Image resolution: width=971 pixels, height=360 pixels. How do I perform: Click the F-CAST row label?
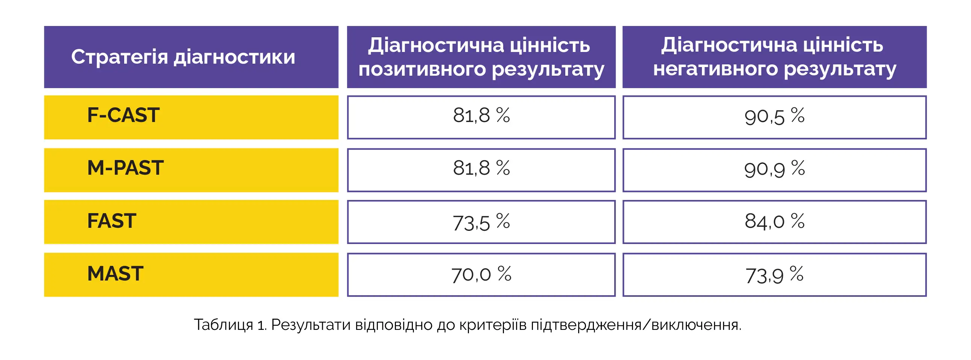pos(123,115)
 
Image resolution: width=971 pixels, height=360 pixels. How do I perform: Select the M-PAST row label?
pos(125,168)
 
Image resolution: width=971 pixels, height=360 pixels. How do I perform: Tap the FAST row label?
pos(111,221)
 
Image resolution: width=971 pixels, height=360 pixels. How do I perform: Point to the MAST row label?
pos(115,274)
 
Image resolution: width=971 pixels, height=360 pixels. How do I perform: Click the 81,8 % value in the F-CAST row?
pos(481,115)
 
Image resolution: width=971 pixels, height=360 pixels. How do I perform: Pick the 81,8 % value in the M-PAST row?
pos(481,168)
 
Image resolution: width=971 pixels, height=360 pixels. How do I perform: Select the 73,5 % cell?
pos(481,222)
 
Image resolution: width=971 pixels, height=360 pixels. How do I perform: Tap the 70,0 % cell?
pos(481,274)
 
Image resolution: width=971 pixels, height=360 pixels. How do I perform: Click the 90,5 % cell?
pos(774,116)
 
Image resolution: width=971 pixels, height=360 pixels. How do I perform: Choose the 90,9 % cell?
pos(774,169)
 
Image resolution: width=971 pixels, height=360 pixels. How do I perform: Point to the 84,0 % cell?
pos(774,221)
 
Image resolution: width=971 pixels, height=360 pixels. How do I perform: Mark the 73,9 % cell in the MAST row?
pos(774,275)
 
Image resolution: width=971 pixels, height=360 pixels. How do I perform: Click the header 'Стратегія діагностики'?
pos(183,57)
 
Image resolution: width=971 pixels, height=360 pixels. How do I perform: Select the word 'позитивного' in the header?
pos(422,70)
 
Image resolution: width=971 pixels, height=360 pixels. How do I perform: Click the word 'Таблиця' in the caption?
pos(223,325)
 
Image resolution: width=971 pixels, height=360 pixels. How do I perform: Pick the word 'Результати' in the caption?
pos(310,325)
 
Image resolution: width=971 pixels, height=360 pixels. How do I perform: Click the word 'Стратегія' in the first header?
pos(119,57)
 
